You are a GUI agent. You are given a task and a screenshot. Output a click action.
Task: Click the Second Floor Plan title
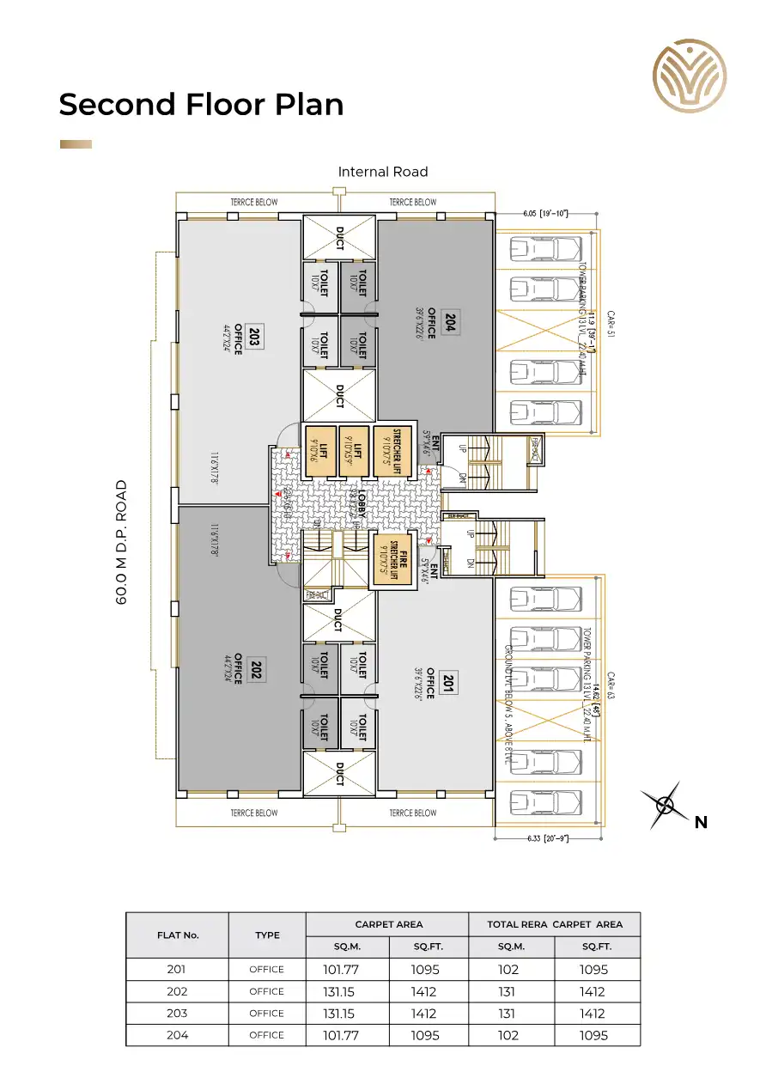pyautogui.click(x=201, y=105)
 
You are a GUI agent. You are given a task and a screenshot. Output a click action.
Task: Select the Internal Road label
pyautogui.click(x=382, y=172)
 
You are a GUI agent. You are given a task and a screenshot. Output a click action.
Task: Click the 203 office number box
pyautogui.click(x=254, y=336)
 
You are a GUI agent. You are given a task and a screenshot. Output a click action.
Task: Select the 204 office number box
pyautogui.click(x=449, y=324)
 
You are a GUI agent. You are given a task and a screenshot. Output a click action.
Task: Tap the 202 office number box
pyautogui.click(x=254, y=670)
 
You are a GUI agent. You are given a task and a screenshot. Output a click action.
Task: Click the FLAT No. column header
pyautogui.click(x=177, y=935)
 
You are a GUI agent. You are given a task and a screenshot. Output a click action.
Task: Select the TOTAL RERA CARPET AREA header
pyautogui.click(x=554, y=924)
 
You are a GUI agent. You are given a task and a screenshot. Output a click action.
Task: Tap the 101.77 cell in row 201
pyautogui.click(x=340, y=969)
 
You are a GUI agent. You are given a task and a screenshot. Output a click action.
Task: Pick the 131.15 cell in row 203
pyautogui.click(x=340, y=1014)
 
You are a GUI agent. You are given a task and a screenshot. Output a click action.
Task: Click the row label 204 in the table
pyautogui.click(x=177, y=1035)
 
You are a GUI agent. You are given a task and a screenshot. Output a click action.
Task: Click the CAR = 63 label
pyautogui.click(x=611, y=685)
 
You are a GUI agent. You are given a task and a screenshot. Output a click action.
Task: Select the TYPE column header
pyautogui.click(x=267, y=935)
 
